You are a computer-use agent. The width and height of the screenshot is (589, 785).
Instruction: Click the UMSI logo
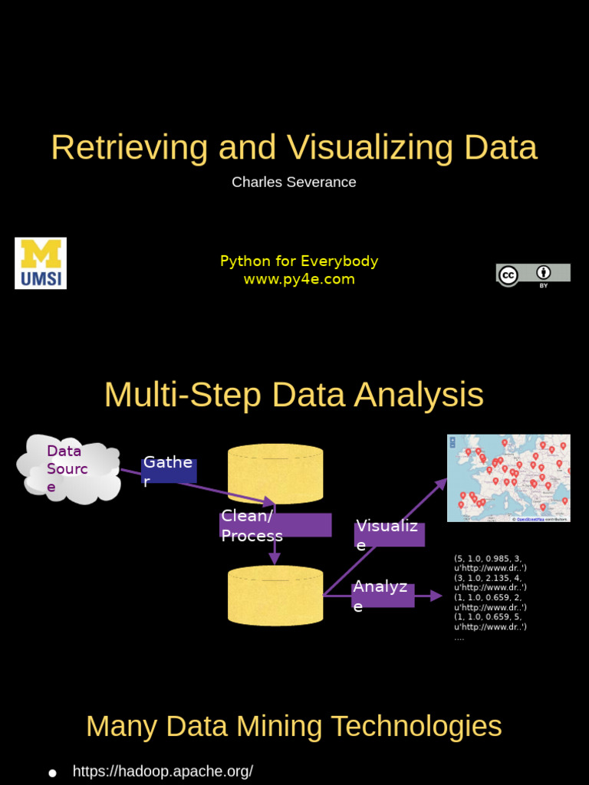pyautogui.click(x=41, y=263)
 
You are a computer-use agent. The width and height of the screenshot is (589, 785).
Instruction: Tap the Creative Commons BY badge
pyautogui.click(x=533, y=274)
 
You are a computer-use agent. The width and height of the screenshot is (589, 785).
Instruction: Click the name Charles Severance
pyautogui.click(x=294, y=182)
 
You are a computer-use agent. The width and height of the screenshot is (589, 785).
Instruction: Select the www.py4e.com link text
pyautogui.click(x=299, y=279)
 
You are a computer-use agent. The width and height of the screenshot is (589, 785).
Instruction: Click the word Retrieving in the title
pyautogui.click(x=130, y=147)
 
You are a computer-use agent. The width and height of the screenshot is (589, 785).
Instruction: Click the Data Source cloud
pyautogui.click(x=67, y=468)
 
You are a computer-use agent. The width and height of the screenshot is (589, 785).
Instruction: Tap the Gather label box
pyautogui.click(x=169, y=471)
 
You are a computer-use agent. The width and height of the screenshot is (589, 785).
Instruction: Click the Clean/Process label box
pyautogui.click(x=275, y=525)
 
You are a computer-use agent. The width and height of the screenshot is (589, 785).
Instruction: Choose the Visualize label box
pyautogui.click(x=390, y=534)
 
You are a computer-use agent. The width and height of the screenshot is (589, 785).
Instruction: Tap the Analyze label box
pyautogui.click(x=383, y=595)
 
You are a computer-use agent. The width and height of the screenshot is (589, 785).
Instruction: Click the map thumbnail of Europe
pyautogui.click(x=508, y=478)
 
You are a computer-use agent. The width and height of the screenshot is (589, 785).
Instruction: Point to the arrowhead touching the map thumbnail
pyautogui.click(x=442, y=483)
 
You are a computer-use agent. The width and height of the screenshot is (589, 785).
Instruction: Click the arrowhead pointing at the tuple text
pyautogui.click(x=437, y=596)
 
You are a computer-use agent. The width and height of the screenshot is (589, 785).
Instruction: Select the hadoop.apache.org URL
pyautogui.click(x=163, y=771)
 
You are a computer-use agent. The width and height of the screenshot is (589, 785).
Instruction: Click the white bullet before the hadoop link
pyautogui.click(x=52, y=773)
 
